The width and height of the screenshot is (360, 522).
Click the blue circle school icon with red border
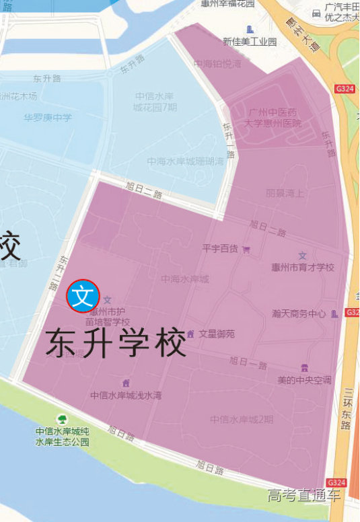pyautogui.click(x=83, y=295)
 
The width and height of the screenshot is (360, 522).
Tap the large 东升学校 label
pyautogui.click(x=116, y=343)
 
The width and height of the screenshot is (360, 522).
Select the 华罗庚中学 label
pyautogui.click(x=48, y=118)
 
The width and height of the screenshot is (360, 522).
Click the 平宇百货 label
pyautogui.click(x=221, y=249)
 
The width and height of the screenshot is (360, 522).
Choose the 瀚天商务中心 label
pyautogui.click(x=299, y=313)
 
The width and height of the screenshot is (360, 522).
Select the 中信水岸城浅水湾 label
pyautogui.click(x=126, y=396)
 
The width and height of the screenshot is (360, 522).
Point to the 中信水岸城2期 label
pyautogui.click(x=242, y=420)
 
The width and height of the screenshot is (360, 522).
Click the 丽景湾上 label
pyautogui.click(x=285, y=192)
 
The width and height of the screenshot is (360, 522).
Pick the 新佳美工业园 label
pyautogui.click(x=250, y=42)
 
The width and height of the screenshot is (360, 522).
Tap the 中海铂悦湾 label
pyautogui.click(x=216, y=65)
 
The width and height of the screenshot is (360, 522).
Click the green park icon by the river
pyautogui.click(x=62, y=419)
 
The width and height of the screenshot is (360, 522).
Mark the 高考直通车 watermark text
pyautogui.click(x=303, y=496)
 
